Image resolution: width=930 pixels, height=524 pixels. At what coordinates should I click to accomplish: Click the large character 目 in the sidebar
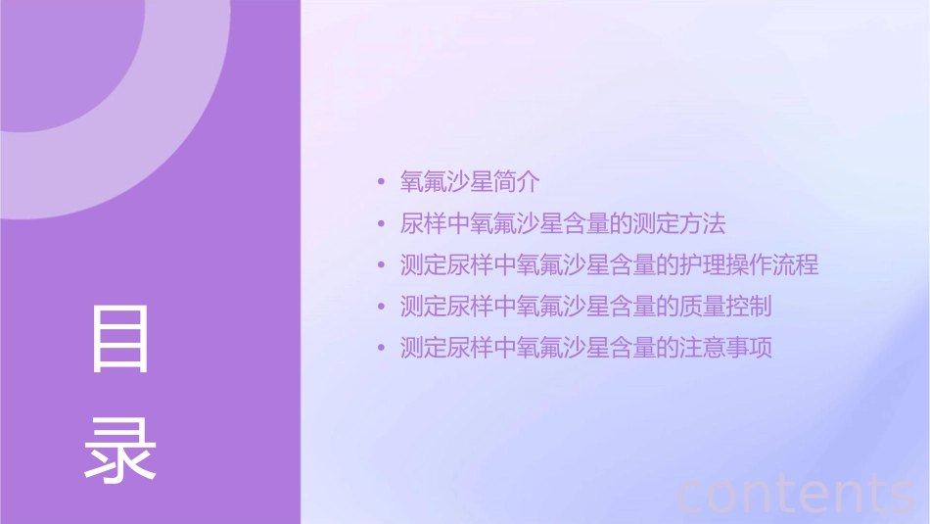pos(120,339)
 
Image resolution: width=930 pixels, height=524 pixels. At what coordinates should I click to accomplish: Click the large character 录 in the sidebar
pos(120,449)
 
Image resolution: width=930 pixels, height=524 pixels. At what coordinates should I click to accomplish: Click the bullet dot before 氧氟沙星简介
pos(382,183)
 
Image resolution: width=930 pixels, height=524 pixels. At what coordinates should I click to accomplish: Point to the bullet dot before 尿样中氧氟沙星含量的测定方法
pos(382,225)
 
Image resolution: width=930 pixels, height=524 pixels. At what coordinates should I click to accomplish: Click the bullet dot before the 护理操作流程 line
pos(382,266)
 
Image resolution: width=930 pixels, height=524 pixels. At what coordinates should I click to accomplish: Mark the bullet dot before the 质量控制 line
pos(382,308)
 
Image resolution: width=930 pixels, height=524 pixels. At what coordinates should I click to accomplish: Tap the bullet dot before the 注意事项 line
pos(382,349)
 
